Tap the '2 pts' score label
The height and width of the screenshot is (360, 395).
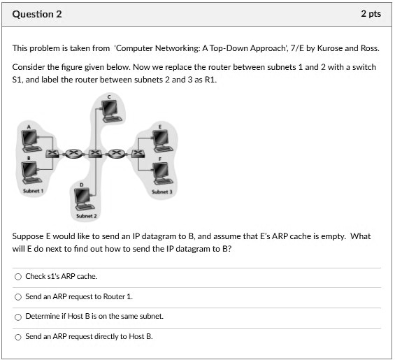click(371, 14)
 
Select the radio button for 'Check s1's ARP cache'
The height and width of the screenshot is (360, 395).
click(17, 277)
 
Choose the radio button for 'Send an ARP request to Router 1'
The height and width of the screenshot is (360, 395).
click(17, 296)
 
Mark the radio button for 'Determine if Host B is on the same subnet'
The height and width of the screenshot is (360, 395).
click(17, 316)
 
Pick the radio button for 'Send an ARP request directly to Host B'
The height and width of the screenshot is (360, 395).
click(17, 336)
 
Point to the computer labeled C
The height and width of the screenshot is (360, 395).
click(109, 109)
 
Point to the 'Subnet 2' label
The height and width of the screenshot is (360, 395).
click(85, 216)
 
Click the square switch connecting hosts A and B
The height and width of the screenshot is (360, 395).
click(52, 152)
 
